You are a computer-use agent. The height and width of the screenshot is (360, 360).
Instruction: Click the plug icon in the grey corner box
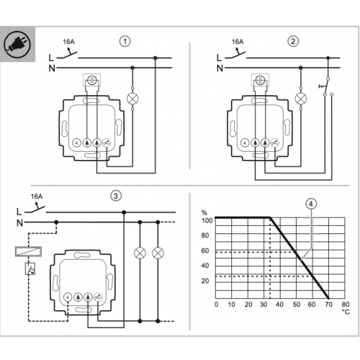pyautogui.click(x=17, y=45)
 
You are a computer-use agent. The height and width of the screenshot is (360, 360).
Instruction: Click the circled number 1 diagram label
pyautogui.click(x=125, y=41)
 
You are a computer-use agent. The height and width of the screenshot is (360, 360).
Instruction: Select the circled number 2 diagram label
pyautogui.click(x=293, y=41)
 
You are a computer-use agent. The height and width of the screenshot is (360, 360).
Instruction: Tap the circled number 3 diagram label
pyautogui.click(x=116, y=196)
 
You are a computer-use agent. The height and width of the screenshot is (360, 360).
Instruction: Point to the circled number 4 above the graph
pyautogui.click(x=311, y=204)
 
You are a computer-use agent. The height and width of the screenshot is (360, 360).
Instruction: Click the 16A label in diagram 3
pyautogui.click(x=37, y=197)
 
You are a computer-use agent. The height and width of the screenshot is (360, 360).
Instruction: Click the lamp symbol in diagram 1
pyautogui.click(x=132, y=99)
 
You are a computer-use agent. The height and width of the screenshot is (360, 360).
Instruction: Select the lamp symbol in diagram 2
pyautogui.click(x=301, y=99)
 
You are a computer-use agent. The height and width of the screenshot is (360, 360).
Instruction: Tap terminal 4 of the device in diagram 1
pyautogui.click(x=76, y=143)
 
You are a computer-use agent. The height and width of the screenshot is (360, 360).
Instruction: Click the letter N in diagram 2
pyautogui.click(x=220, y=68)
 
